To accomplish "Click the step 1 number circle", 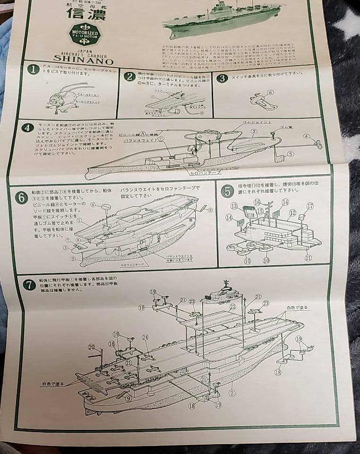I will [33, 70].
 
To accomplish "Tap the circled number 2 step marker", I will [129, 77].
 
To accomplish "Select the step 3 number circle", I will [222, 78].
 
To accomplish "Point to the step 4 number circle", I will [27, 128].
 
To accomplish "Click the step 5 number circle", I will [228, 191].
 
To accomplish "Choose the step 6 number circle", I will [21, 198].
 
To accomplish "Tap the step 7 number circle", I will [29, 285].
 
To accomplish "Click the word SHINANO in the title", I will [83, 61].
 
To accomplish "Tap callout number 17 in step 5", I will [310, 206].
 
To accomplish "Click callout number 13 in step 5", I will [234, 206].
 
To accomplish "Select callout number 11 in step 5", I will [308, 258].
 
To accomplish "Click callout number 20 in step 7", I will [91, 347].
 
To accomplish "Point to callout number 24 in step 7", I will [145, 337].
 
